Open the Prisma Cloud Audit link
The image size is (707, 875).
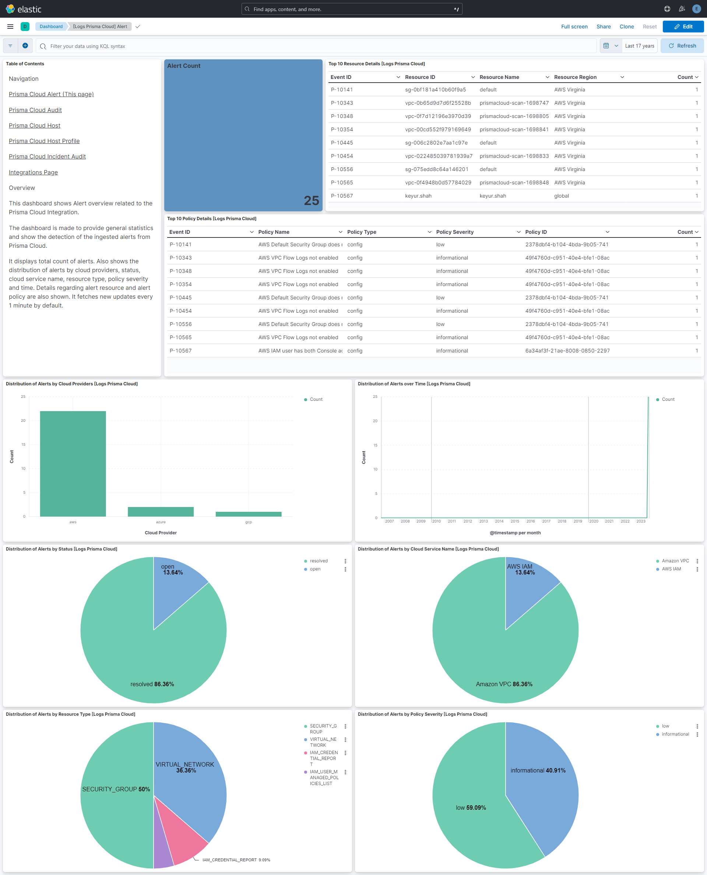pyautogui.click(x=35, y=110)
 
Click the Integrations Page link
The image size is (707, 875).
pyautogui.click(x=34, y=173)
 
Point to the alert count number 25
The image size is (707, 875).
pyautogui.click(x=311, y=201)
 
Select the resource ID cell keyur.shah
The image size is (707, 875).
pyautogui.click(x=418, y=196)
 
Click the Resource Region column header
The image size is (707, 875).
pyautogui.click(x=575, y=77)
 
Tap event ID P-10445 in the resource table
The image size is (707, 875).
pyautogui.click(x=342, y=143)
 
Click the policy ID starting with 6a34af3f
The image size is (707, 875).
pyautogui.click(x=567, y=351)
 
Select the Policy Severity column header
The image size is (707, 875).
pyautogui.click(x=454, y=232)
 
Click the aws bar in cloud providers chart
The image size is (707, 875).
pyautogui.click(x=73, y=463)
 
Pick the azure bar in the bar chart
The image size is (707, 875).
pyautogui.click(x=161, y=512)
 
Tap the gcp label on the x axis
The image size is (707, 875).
pyautogui.click(x=249, y=522)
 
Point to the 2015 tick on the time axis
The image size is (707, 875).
pyautogui.click(x=515, y=521)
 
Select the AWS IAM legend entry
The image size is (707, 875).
pyautogui.click(x=671, y=569)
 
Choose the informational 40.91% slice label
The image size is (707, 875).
pyautogui.click(x=538, y=770)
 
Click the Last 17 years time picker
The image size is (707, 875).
pyautogui.click(x=639, y=46)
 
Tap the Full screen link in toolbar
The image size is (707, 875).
pyautogui.click(x=574, y=27)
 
